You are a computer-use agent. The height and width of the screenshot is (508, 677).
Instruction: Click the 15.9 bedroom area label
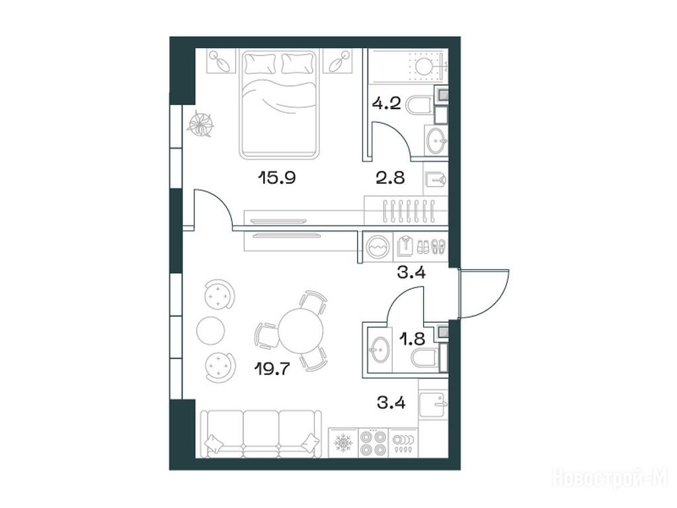point(276,177)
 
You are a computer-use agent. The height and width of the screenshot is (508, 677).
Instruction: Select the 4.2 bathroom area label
point(387,104)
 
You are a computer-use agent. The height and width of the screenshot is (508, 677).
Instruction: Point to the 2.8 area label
point(390,177)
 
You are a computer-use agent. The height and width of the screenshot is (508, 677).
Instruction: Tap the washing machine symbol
point(378,247)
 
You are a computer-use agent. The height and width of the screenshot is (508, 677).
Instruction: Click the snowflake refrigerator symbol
point(344,443)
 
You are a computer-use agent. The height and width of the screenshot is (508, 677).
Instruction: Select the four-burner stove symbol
point(374,443)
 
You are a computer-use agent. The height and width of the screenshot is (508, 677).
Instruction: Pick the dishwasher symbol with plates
point(403,443)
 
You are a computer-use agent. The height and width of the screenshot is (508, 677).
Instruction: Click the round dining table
point(301,331)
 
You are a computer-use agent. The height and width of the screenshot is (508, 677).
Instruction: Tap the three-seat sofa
point(262,434)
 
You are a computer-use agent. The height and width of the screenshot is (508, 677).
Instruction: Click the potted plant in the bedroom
point(201,124)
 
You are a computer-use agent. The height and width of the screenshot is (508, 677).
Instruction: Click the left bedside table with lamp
point(222,61)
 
